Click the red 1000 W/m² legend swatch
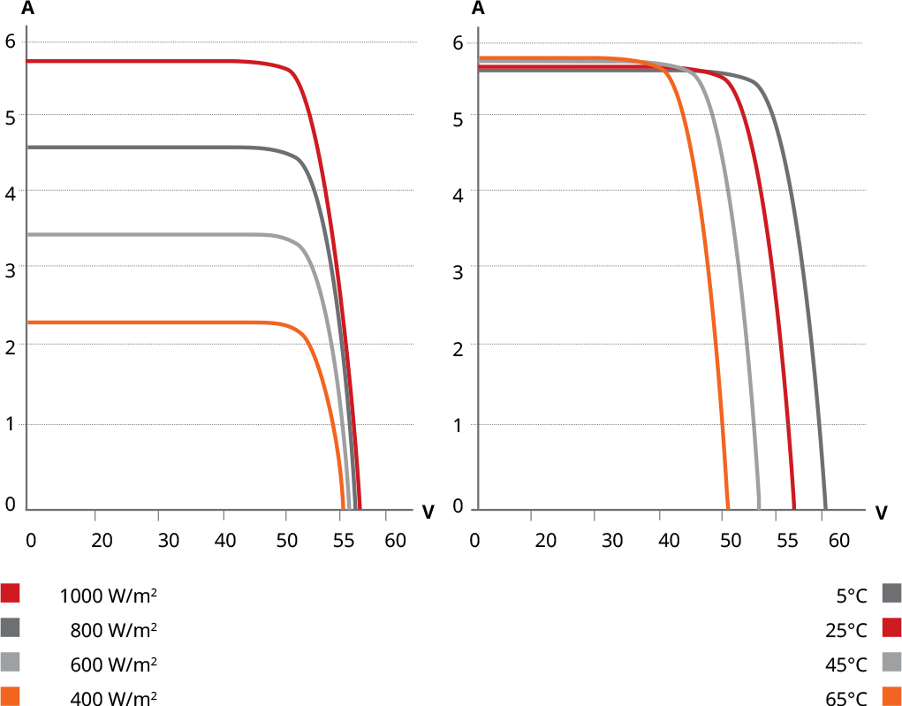tap(11, 593)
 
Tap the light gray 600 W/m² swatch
tap(11, 662)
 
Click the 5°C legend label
tap(852, 596)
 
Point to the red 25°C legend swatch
tap(891, 627)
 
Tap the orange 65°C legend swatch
tap(891, 696)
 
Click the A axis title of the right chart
tap(479, 10)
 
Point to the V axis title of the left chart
tap(428, 512)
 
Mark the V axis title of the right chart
tap(881, 512)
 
